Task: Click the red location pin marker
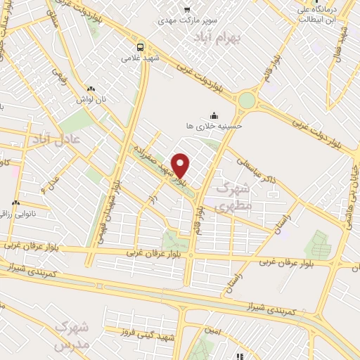tap(181, 165)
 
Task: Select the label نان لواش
tap(91, 100)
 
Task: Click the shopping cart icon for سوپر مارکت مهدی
tap(186, 9)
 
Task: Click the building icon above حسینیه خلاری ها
tap(213, 116)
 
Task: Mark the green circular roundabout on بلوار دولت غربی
tap(247, 101)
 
